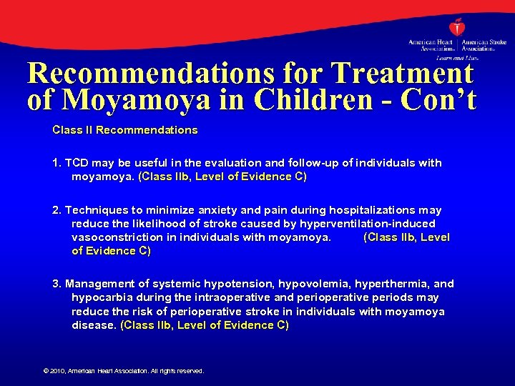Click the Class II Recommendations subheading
(124, 130)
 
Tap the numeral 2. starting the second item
(57, 210)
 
